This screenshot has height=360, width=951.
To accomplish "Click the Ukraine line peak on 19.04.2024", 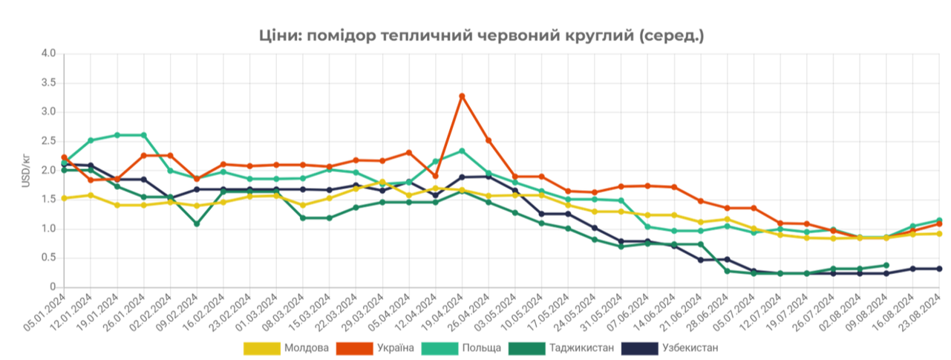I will pos(462,96).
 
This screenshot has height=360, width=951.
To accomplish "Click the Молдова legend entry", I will pos(287,347).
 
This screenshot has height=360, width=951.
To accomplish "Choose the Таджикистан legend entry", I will pos(561,347).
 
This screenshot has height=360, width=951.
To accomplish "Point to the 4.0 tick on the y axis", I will pos(49,53).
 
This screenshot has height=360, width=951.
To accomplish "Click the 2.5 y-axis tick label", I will pos(49,141).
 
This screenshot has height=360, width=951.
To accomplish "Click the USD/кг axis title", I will pos(25,170).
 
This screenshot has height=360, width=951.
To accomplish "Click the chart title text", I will pos(481,35).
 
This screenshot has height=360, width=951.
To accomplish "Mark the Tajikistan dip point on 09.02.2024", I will pos(197,223).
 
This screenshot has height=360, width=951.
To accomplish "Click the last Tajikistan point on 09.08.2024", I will pos(886,265).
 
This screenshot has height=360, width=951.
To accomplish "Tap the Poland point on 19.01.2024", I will pos(117,135).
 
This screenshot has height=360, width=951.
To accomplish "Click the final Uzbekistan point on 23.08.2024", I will pos(939,269).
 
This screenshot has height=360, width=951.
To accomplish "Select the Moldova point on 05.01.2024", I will pos(64,198).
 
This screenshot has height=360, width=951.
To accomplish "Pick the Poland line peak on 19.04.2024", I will pos(462,151).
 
